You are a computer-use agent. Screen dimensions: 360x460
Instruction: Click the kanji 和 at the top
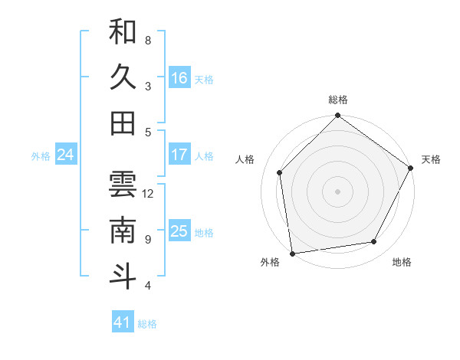pos(123,32)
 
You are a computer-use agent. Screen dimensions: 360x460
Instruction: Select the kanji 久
pos(123,77)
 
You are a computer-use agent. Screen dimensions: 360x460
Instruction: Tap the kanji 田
pos(123,123)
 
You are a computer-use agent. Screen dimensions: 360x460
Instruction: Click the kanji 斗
pos(123,277)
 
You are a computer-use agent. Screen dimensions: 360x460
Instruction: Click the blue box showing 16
pos(179,78)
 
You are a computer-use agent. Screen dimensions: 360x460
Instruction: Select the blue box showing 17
pos(179,155)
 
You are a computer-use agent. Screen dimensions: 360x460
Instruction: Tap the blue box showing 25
pos(179,231)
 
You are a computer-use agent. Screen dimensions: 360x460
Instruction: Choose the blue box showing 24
pos(66,155)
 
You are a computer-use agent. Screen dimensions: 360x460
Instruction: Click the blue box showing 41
pos(123,322)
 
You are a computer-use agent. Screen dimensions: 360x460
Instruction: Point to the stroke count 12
pos(148,193)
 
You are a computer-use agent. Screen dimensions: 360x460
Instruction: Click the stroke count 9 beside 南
pos(148,239)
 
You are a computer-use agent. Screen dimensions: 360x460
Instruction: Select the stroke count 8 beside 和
pos(148,40)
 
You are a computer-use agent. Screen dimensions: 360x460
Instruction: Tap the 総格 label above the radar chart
pos(337,100)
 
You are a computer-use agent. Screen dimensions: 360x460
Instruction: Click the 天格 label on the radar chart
pos(431,159)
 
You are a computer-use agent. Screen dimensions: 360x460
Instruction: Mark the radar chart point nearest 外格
pos(292,253)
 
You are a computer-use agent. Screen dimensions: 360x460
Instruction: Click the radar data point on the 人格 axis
pos(280,172)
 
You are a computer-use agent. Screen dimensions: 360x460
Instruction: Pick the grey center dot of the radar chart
pos(337,191)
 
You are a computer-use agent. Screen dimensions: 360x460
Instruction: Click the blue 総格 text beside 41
pos(147,324)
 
